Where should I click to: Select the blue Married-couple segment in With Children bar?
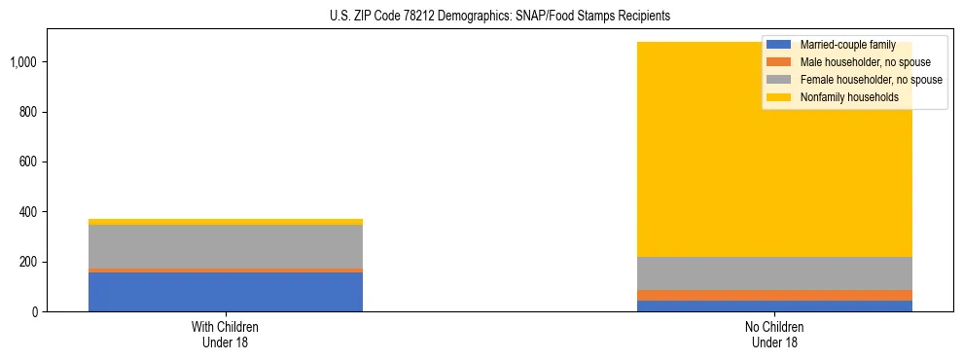(225, 292)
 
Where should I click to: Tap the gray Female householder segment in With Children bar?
(225, 246)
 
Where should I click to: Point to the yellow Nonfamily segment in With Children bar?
(225, 222)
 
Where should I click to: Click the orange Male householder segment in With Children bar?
(225, 270)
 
